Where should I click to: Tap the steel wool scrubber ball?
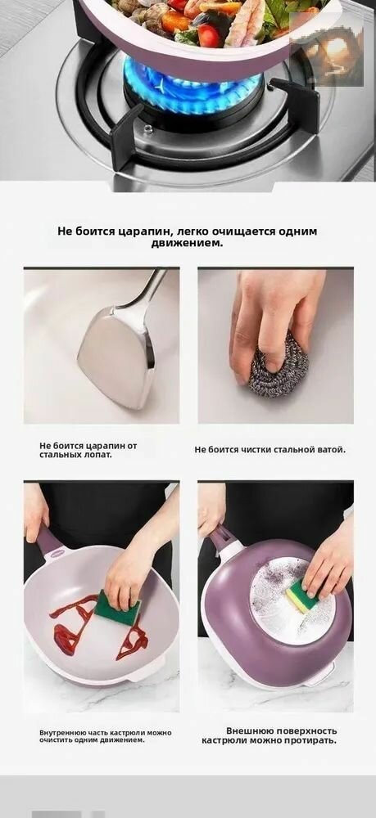click(278, 365)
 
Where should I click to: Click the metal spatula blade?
click(116, 355)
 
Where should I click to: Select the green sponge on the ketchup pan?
click(117, 609)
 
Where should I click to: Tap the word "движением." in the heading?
click(187, 243)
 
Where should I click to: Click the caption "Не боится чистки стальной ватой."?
click(270, 449)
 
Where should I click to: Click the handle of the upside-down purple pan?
click(224, 539)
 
